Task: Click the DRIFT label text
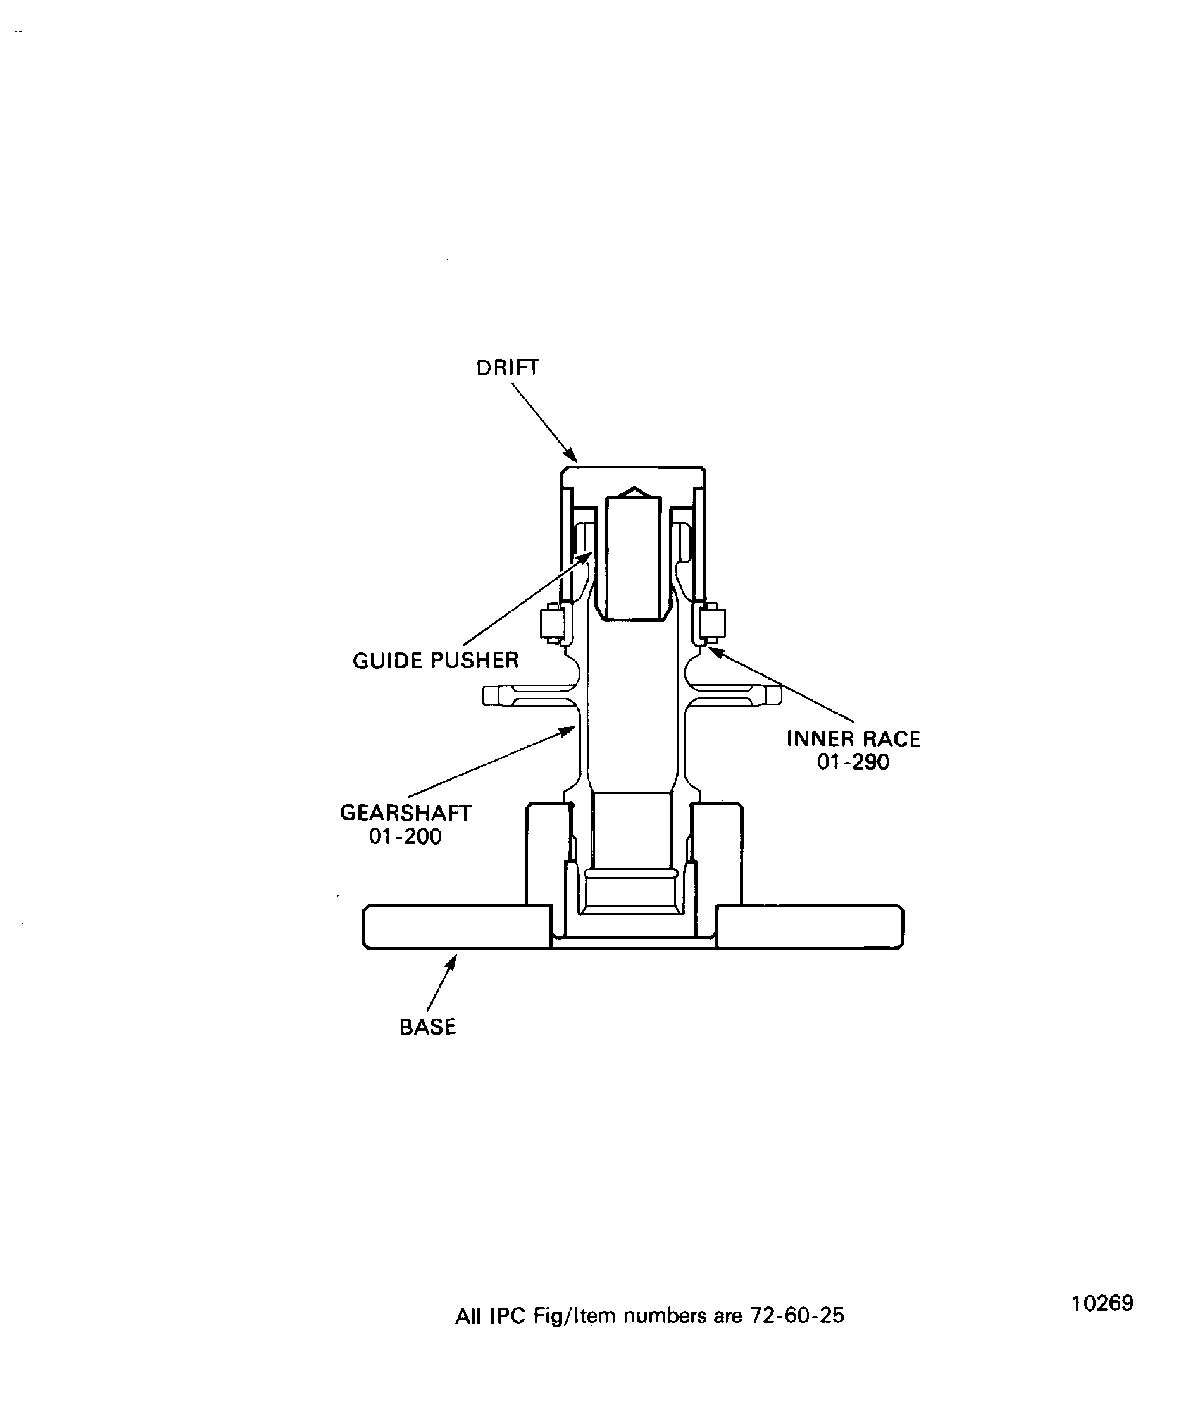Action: (507, 368)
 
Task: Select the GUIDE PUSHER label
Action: (436, 661)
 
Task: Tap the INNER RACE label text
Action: (854, 739)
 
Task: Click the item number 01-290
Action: (854, 762)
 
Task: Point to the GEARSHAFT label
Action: (405, 813)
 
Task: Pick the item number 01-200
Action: (405, 836)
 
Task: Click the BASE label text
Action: (428, 1027)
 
